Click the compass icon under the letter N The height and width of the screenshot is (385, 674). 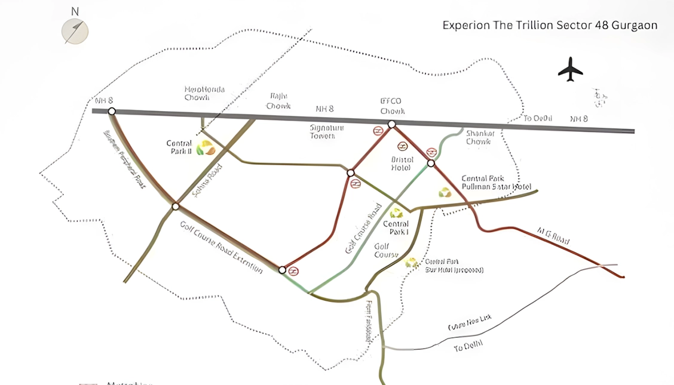[x=75, y=31]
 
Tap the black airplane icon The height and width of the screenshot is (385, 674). [x=570, y=69]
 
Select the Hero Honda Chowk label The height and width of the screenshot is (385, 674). [x=205, y=94]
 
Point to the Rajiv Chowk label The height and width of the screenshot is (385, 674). [x=278, y=101]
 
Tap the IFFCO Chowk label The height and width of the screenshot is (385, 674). [x=393, y=106]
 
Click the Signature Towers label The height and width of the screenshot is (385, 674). [x=323, y=131]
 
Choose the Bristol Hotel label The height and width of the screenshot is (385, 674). [x=402, y=164]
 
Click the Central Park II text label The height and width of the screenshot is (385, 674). [x=179, y=147]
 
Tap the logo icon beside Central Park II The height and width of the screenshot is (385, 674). [x=206, y=147]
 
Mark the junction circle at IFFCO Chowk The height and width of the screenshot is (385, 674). [x=391, y=124]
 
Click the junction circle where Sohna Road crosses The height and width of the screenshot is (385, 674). [x=175, y=207]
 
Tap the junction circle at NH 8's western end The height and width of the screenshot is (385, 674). [x=111, y=111]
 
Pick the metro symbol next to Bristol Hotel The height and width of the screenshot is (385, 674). [x=402, y=146]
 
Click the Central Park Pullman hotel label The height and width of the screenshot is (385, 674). [x=497, y=183]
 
